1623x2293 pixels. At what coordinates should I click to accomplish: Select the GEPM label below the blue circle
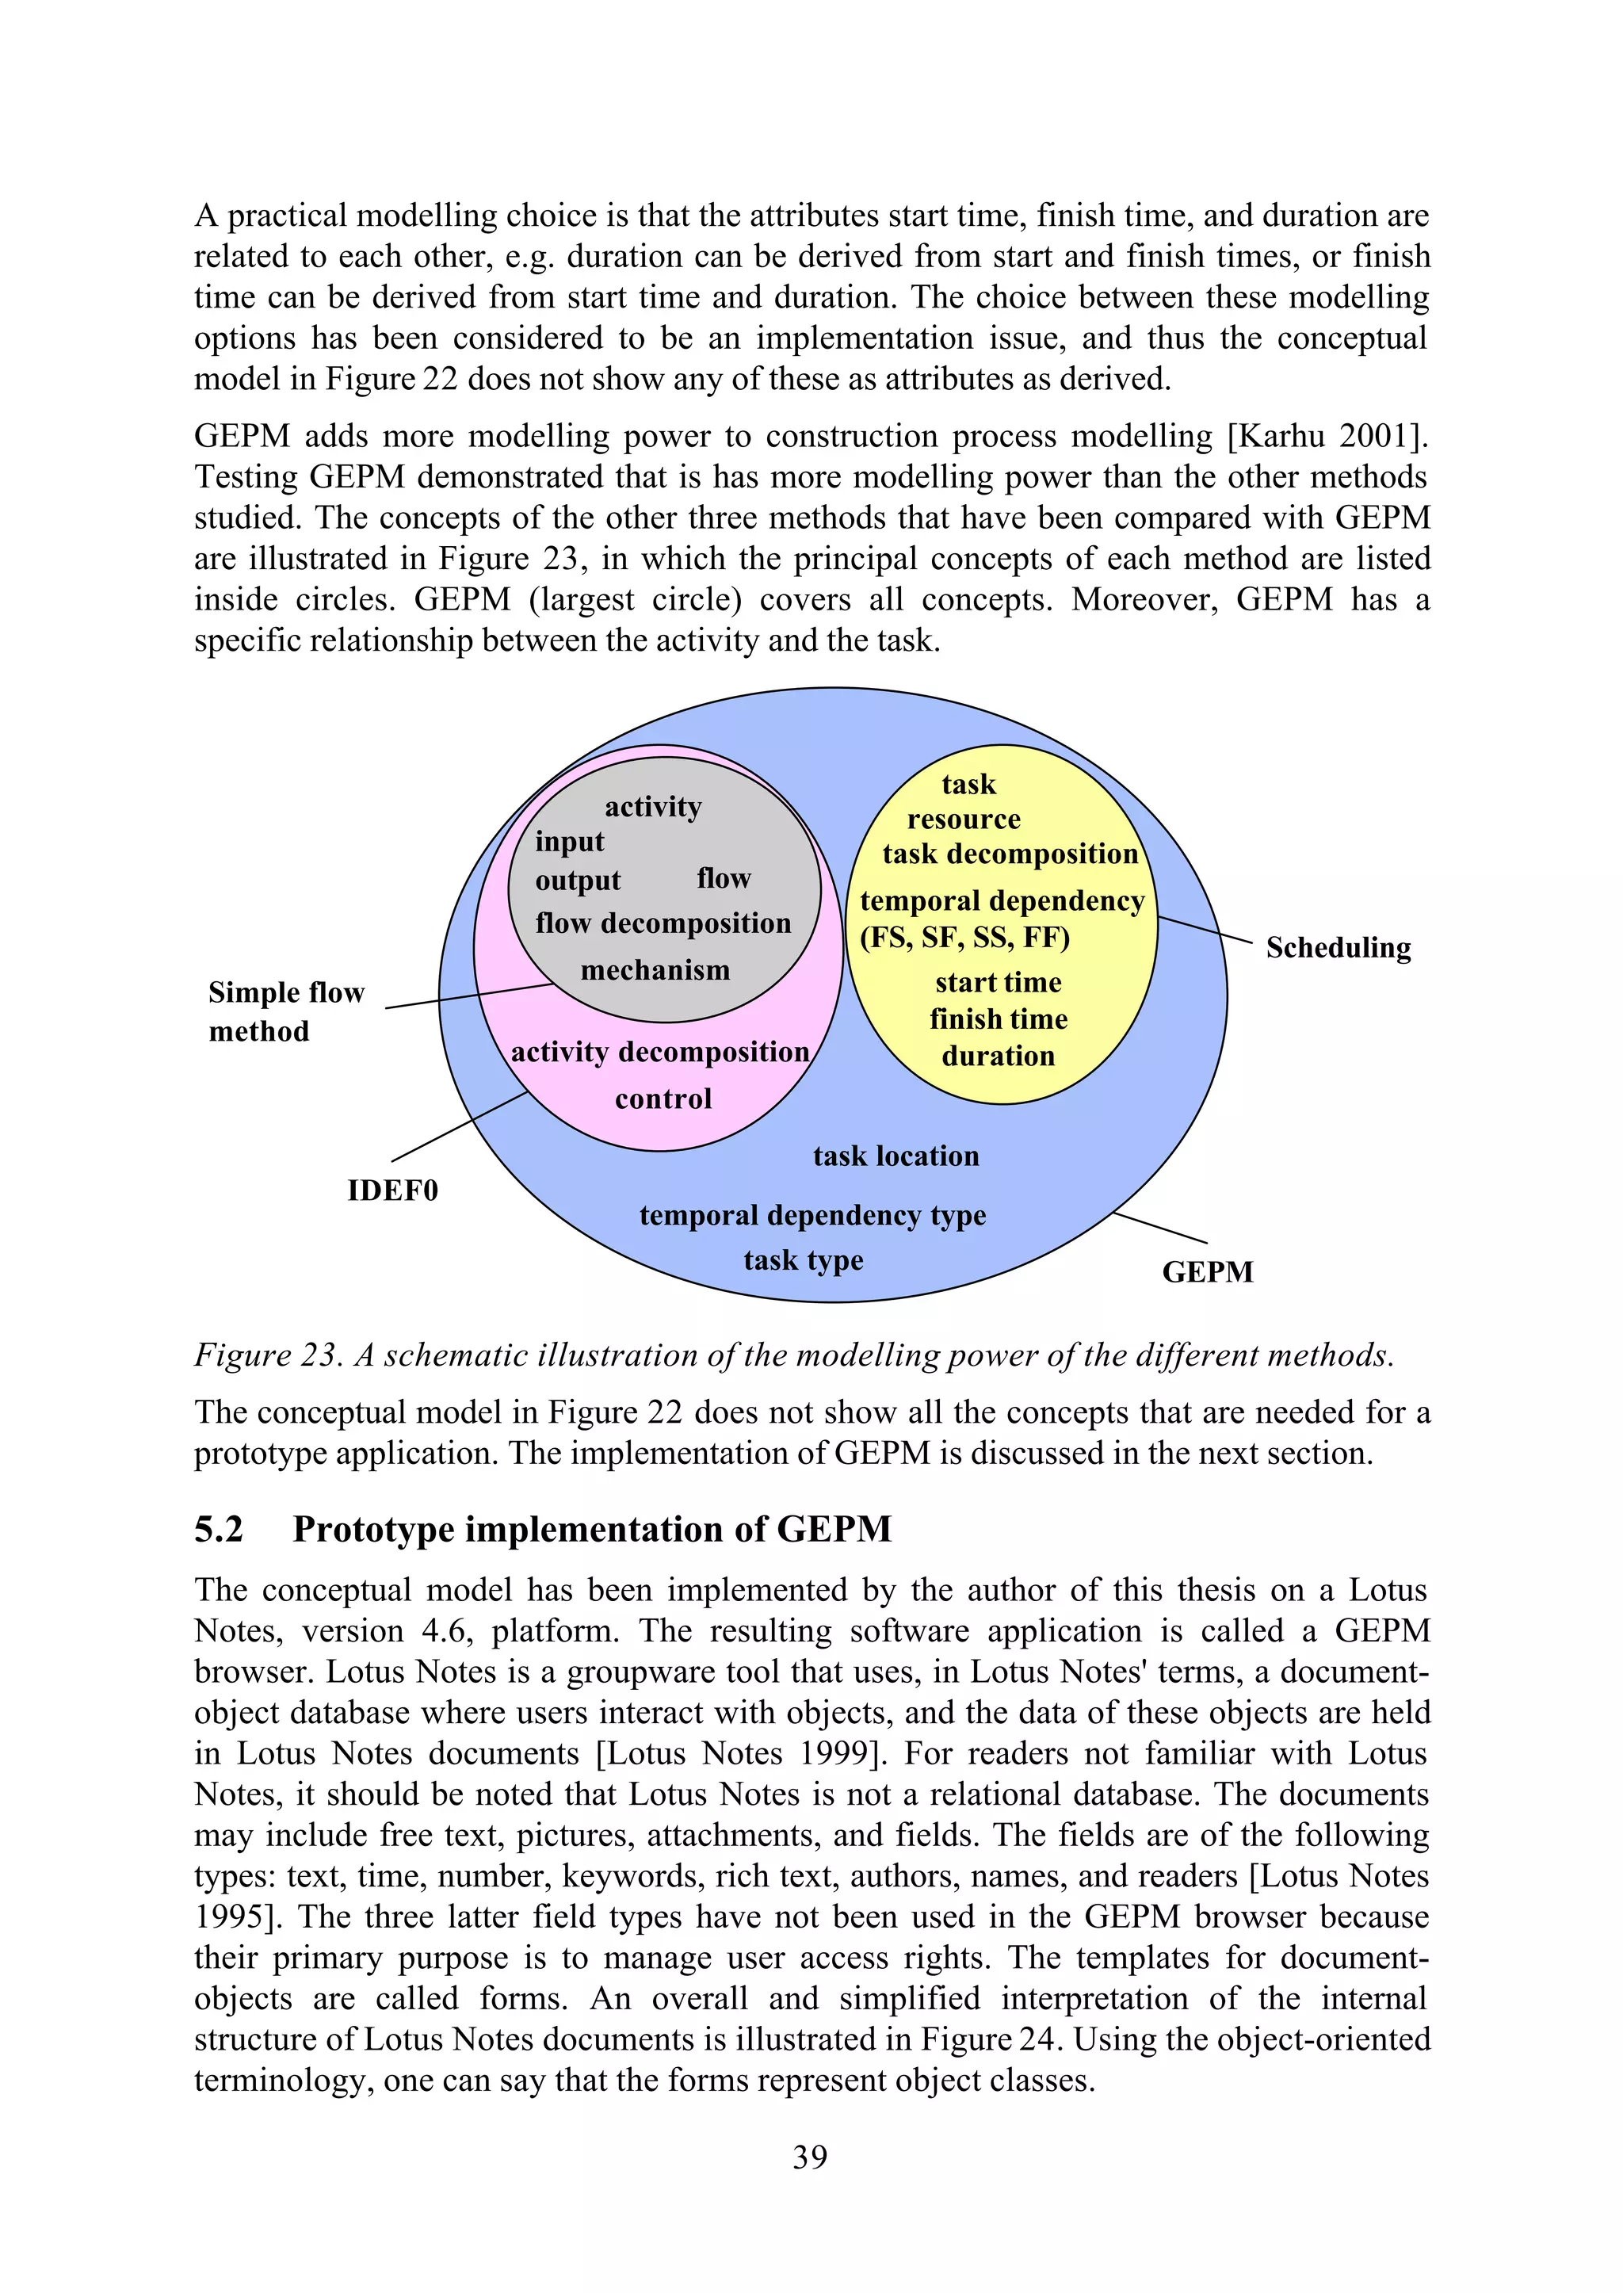[1206, 1272]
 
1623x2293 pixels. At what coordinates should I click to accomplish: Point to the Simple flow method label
[286, 1011]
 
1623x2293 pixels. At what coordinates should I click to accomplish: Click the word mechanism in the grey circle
[655, 971]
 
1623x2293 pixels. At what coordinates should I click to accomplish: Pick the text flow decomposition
[663, 923]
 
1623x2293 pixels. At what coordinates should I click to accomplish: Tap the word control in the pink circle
[663, 1099]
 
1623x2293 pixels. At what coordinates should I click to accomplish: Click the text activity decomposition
[659, 1053]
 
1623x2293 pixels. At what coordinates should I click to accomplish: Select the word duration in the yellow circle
[998, 1057]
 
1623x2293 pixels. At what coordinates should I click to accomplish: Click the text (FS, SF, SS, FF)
[964, 938]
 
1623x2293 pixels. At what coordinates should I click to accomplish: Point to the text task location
[896, 1156]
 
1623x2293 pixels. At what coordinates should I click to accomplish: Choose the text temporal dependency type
[811, 1216]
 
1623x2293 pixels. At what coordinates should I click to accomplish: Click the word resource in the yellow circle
[964, 820]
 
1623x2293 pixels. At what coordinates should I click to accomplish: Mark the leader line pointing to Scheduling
[1205, 930]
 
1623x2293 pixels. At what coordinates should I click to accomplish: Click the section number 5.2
[219, 1530]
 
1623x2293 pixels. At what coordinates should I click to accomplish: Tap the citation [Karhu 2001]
[1327, 437]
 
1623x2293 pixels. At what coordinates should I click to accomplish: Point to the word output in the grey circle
[578, 881]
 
